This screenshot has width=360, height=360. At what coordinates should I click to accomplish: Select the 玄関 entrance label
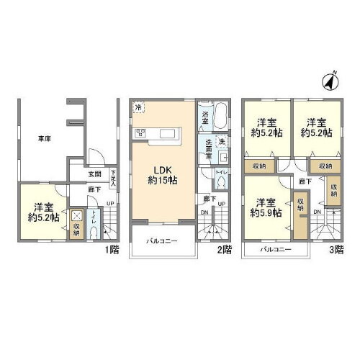tap(94, 174)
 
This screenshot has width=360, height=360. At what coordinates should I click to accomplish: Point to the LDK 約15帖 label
tap(163, 174)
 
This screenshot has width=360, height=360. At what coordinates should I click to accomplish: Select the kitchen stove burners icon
tap(139, 132)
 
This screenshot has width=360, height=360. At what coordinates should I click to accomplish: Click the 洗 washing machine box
tap(222, 141)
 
